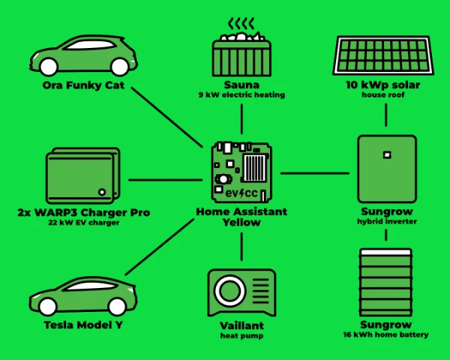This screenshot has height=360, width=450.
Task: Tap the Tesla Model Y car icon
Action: [82, 296]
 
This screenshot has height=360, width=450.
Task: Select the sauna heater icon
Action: [241, 52]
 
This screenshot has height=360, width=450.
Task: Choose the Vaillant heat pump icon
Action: [241, 292]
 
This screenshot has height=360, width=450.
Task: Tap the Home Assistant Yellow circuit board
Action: [241, 172]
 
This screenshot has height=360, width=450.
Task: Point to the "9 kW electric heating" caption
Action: [241, 96]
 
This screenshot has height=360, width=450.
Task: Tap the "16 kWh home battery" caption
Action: [386, 334]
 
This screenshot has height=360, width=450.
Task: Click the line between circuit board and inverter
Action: [315, 173]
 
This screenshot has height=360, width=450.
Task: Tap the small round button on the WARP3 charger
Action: [102, 192]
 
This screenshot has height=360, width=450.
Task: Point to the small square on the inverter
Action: [386, 154]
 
